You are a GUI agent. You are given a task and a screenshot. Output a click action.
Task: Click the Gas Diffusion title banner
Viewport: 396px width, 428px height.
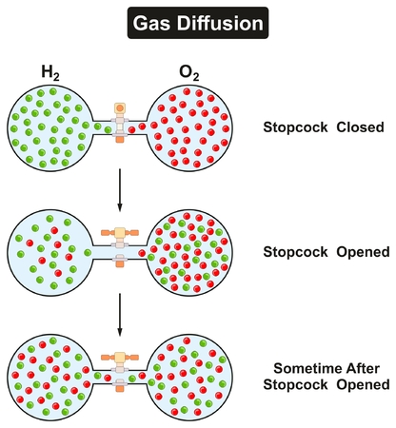point(198,20)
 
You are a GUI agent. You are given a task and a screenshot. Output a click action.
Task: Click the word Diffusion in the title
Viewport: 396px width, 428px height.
point(228,20)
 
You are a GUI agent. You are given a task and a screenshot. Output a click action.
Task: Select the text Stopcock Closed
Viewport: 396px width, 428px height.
point(327,126)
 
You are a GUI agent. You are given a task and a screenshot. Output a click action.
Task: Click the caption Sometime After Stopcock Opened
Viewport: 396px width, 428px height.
point(330,377)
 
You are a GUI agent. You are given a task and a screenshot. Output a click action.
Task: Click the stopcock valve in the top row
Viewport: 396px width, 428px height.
point(120,125)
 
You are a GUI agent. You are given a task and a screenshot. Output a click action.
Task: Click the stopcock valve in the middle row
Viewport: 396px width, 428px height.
point(120,245)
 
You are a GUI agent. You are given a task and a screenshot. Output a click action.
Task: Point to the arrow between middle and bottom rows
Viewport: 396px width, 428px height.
point(120,310)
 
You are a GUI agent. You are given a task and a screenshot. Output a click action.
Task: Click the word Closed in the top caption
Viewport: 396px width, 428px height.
point(359,126)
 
